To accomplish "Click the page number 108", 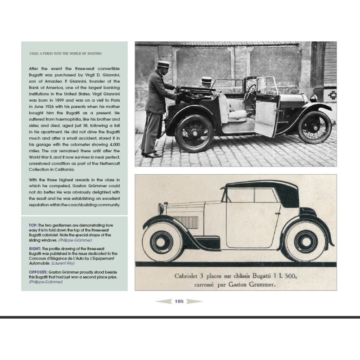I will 179,301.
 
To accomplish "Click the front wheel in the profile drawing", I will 163,240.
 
